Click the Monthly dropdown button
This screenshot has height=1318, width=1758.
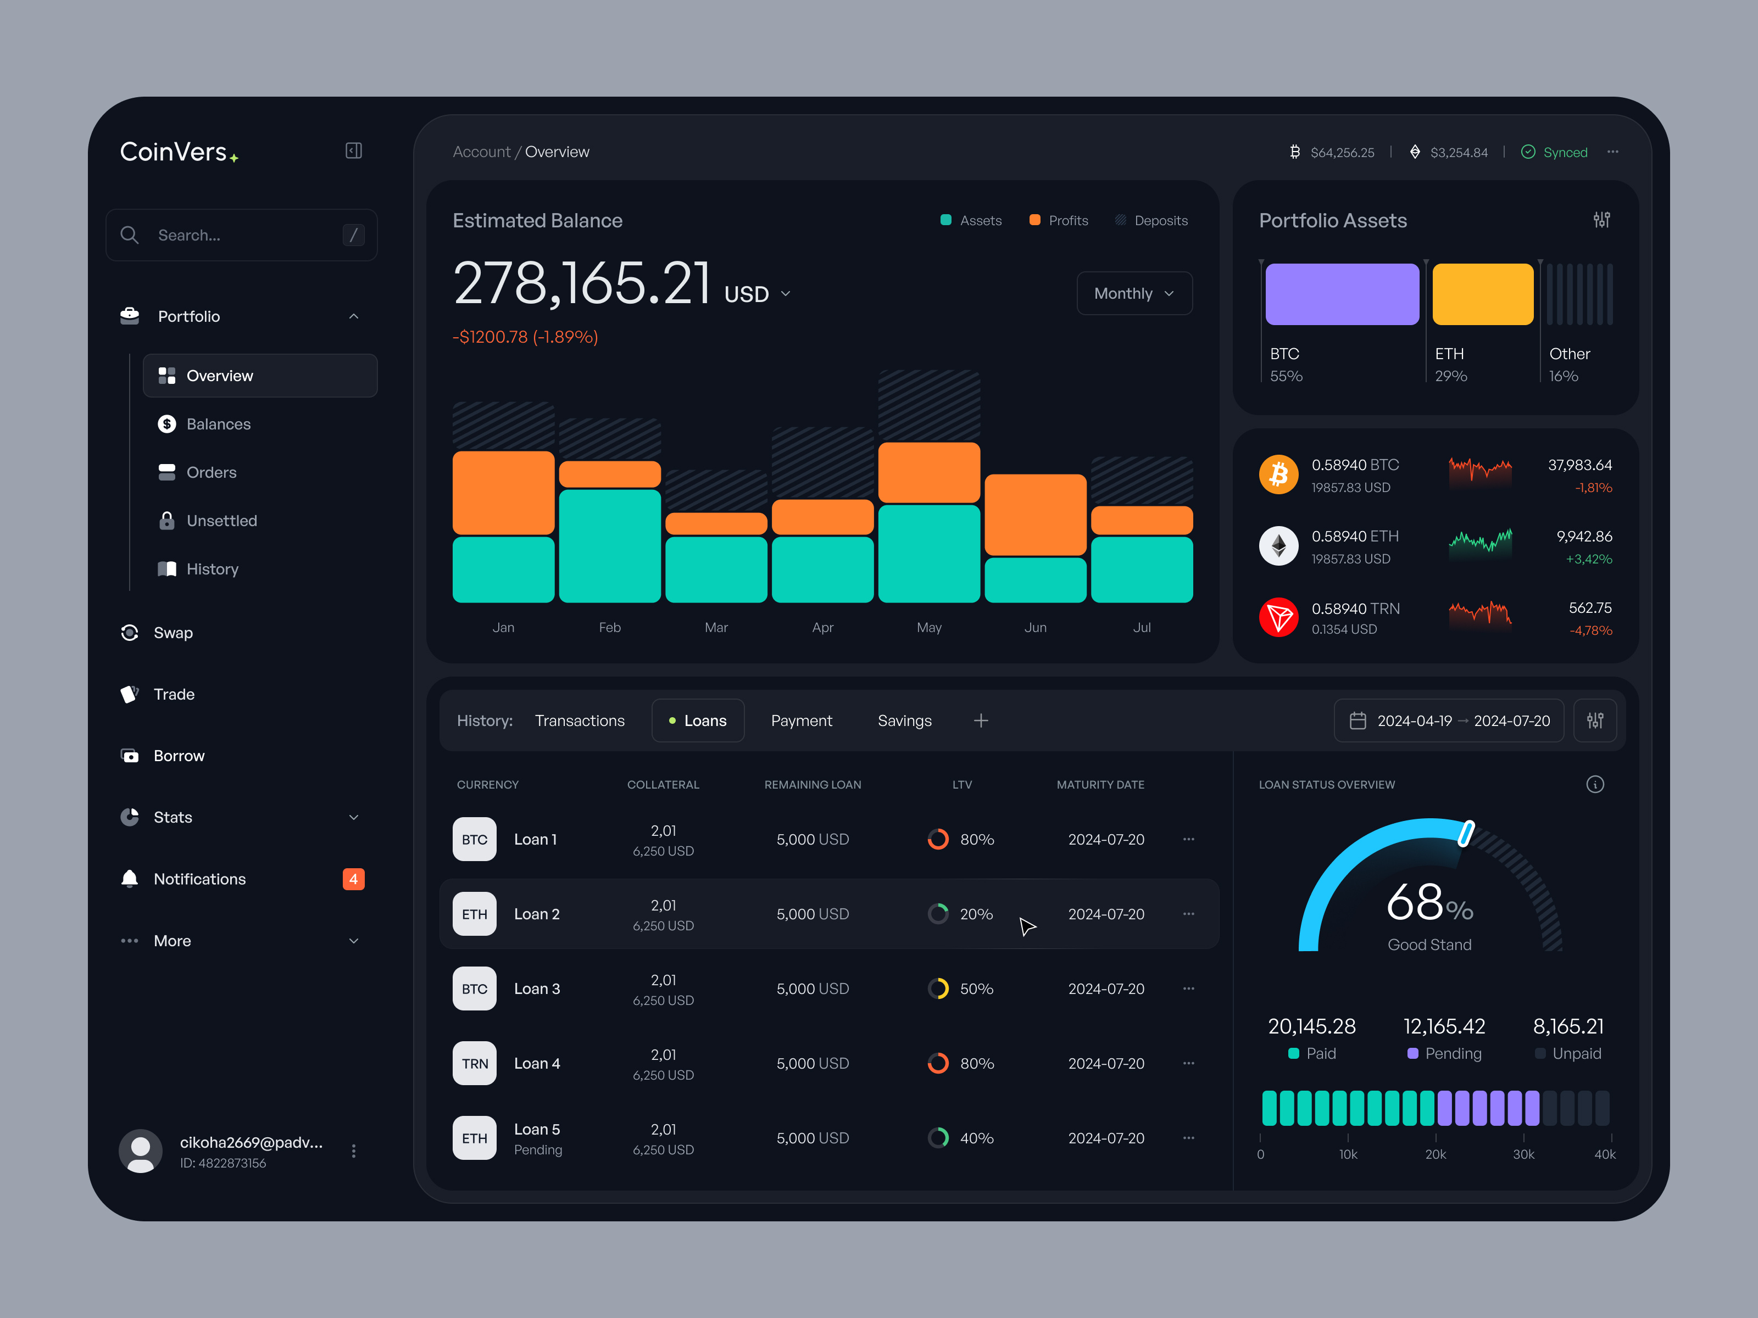1133,293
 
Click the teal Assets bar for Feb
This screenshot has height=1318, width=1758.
610,545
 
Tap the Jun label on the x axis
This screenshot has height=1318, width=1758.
1035,628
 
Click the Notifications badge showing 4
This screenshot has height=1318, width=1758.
353,879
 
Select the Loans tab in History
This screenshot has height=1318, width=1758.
698,721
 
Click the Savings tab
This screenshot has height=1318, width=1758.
904,721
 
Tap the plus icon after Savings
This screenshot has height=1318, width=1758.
981,721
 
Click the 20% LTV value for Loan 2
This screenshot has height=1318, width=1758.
976,914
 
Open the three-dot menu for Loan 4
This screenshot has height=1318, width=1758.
1188,1063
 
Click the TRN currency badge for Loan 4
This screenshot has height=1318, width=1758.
475,1063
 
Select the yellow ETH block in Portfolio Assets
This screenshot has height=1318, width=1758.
1482,294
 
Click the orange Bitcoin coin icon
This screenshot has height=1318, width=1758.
1278,474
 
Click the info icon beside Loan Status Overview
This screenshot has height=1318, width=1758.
1594,784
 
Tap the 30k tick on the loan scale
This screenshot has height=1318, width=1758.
1523,1154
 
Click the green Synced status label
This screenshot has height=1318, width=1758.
1564,153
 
